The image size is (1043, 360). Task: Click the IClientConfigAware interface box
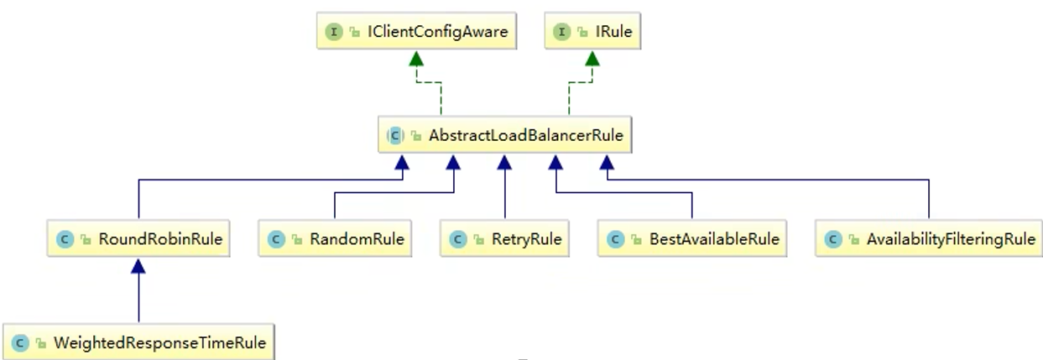click(x=416, y=31)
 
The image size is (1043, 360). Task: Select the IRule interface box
click(x=592, y=31)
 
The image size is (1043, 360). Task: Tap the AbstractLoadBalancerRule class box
click(x=505, y=135)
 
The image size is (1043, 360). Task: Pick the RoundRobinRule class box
click(x=138, y=239)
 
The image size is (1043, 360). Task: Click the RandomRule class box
click(x=335, y=239)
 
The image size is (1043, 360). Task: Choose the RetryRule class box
click(x=504, y=239)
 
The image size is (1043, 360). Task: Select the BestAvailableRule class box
click(x=692, y=239)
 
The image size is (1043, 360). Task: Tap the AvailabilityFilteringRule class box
click(x=928, y=239)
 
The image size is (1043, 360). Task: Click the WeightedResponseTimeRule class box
click(x=138, y=342)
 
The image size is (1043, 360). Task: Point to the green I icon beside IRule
click(x=561, y=32)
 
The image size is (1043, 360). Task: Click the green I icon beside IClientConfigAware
click(x=334, y=32)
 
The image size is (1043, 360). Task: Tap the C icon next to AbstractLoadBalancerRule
click(x=395, y=135)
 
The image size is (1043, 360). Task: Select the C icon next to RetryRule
click(x=457, y=239)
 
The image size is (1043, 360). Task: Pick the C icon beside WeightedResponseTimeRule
click(x=20, y=343)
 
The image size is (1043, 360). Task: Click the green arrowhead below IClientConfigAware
click(x=416, y=58)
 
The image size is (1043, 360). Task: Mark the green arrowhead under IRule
click(x=592, y=58)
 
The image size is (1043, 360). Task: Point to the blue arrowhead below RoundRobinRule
click(x=138, y=266)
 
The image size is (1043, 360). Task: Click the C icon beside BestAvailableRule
click(x=616, y=239)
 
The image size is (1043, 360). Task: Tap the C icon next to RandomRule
click(x=276, y=239)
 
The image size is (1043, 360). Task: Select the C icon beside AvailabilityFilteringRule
click(x=833, y=239)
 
